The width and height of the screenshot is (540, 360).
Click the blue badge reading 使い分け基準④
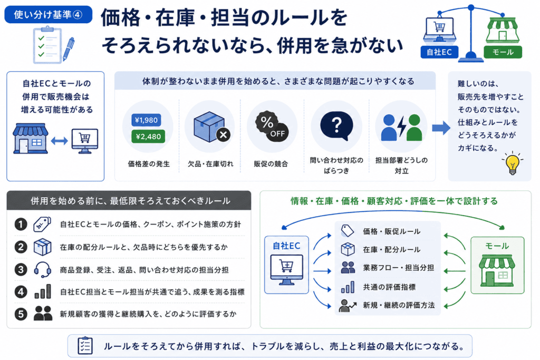tap(48, 14)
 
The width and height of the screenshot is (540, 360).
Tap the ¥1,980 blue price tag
tap(147, 120)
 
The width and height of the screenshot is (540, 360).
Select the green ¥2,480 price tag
tap(148, 137)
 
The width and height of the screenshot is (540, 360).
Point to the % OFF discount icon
tap(272, 127)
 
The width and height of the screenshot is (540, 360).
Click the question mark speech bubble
tap(336, 125)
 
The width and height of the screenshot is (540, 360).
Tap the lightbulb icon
tap(513, 163)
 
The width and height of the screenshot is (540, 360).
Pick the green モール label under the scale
tap(503, 52)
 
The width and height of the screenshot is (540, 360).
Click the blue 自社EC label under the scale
tap(439, 52)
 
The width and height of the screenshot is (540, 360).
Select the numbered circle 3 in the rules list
tap(21, 269)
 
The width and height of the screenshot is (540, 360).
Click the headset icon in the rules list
tap(42, 269)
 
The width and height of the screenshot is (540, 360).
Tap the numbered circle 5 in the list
tap(21, 314)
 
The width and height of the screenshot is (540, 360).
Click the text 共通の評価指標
tap(389, 287)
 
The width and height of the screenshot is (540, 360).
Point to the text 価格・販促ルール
tap(392, 231)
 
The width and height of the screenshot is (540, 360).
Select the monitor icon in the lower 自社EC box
tap(286, 270)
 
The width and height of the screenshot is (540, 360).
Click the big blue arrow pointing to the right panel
tap(441, 128)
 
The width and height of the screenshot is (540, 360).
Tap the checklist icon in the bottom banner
tap(85, 345)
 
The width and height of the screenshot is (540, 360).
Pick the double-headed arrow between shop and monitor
tap(59, 141)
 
